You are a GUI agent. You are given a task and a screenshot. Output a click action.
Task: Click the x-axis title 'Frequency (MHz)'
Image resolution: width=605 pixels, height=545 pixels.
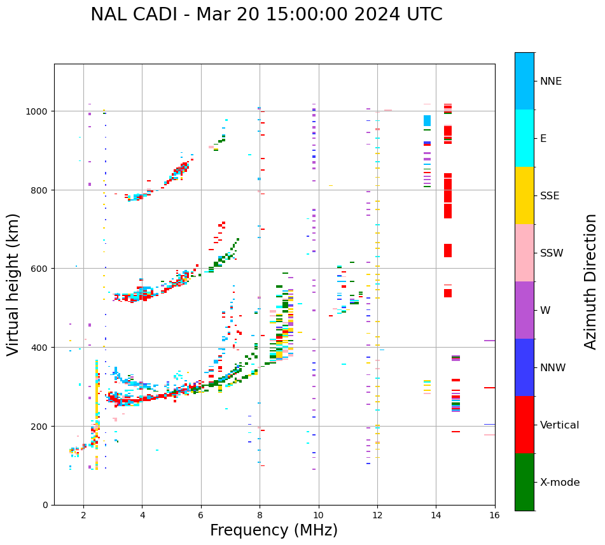pos(274,530)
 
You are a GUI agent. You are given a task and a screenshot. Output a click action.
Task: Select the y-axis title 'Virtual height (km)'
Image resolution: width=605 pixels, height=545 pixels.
pos(13,284)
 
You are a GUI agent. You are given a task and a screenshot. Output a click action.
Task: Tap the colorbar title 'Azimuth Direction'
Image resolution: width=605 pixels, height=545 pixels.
pos(591,281)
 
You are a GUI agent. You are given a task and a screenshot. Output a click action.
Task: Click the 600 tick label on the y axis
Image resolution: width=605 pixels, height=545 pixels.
pos(40,269)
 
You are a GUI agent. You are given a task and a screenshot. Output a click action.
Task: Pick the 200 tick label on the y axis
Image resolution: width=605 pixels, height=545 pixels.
pos(40,426)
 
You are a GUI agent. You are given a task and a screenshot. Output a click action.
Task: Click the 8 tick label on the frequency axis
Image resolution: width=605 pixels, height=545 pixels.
pos(260,515)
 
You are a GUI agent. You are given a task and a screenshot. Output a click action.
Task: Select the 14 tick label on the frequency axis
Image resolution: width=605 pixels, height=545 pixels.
pos(436,515)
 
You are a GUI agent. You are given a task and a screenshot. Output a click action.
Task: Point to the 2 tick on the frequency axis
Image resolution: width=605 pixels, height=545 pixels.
pos(83,515)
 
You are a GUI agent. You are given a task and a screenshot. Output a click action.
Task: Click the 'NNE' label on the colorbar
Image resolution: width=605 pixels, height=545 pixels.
pos(551,81)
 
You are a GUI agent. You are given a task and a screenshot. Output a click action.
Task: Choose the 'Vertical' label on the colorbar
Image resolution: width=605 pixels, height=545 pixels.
pos(559,425)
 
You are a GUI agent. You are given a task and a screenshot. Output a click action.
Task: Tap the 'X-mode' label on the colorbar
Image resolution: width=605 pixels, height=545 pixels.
pos(560,482)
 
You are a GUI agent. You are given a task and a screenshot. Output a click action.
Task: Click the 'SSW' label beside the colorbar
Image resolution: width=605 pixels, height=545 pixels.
pos(552,253)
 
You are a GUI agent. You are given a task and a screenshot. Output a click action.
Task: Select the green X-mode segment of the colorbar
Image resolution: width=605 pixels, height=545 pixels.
pos(524,482)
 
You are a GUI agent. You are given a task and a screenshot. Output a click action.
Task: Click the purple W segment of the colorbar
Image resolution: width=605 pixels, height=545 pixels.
pos(524,310)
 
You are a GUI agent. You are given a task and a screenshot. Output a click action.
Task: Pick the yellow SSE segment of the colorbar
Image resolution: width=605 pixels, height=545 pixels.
pos(524,195)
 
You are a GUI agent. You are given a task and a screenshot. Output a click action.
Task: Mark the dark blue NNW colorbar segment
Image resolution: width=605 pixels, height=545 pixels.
pos(524,367)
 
